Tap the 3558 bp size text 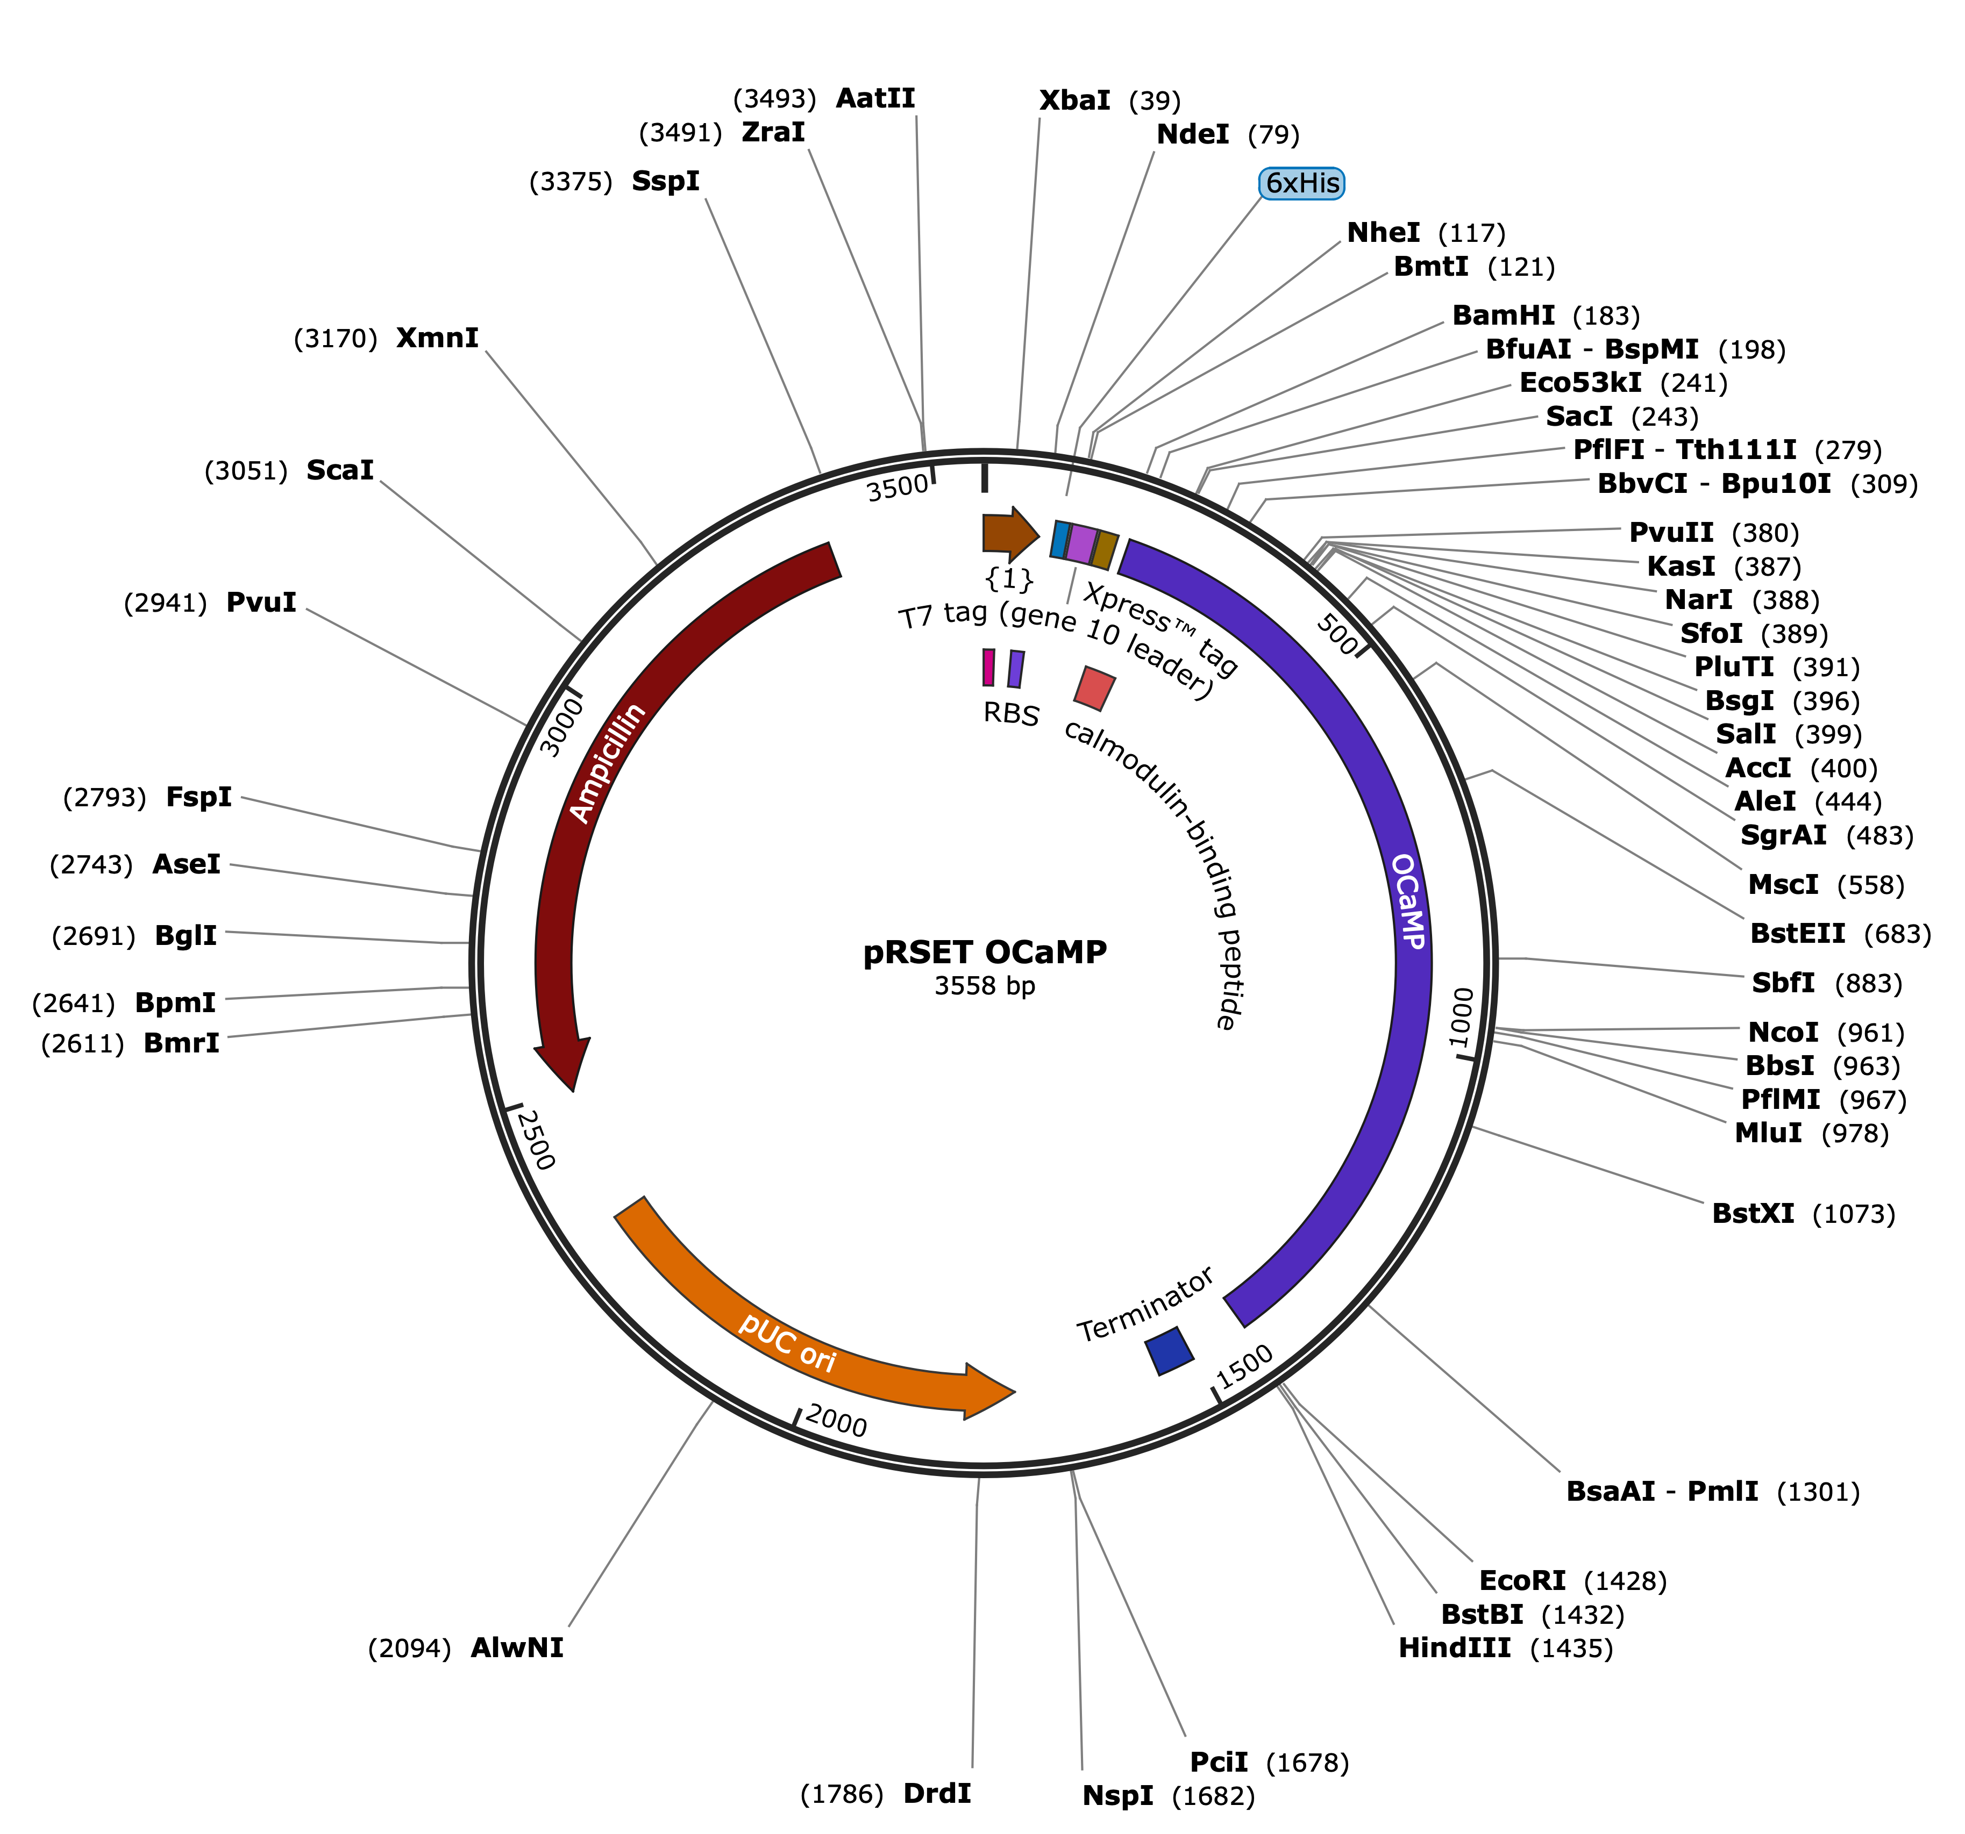click(x=985, y=986)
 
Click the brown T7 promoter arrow click(x=1010, y=534)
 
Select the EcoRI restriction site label click(x=1522, y=1581)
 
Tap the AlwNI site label click(x=517, y=1648)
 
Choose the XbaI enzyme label click(x=1074, y=101)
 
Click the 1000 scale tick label click(x=1462, y=1018)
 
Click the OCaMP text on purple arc click(x=1408, y=901)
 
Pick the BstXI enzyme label click(x=1753, y=1214)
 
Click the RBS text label click(x=1011, y=713)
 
